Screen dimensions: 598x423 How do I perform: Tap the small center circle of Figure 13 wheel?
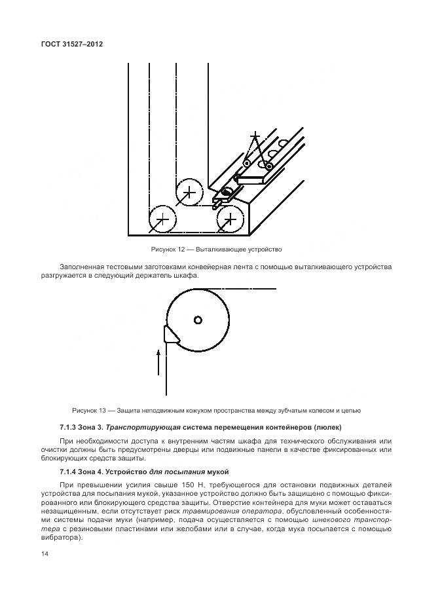[198, 320]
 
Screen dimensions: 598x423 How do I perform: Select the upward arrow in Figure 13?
[158, 362]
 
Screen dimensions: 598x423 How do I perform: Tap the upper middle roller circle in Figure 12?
[189, 192]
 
